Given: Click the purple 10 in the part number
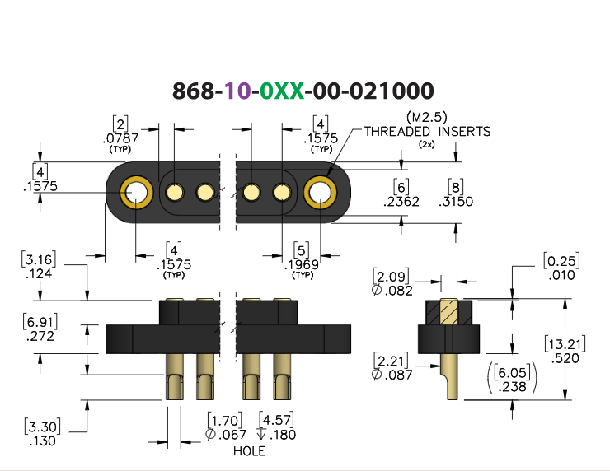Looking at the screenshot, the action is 238,91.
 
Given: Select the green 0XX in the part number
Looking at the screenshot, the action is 282,91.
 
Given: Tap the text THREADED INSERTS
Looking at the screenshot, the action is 427,132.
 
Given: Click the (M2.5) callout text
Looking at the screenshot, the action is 427,117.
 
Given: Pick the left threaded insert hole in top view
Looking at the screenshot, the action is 135,193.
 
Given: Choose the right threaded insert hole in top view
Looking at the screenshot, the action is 320,193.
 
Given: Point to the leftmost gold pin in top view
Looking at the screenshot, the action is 175,193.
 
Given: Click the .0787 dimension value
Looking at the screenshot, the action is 120,138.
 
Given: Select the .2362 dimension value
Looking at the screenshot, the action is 401,202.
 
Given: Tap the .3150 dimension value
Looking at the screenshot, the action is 456,202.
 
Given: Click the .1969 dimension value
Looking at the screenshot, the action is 301,264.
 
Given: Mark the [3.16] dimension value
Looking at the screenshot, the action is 39,259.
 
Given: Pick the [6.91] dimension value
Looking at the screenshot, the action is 40,322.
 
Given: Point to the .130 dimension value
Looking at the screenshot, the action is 42,441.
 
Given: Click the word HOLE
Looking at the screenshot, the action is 250,451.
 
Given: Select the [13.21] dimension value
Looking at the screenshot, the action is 565,344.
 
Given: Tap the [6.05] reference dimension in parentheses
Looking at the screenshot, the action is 513,373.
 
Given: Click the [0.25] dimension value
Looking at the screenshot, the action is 561,261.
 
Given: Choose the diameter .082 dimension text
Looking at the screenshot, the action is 392,291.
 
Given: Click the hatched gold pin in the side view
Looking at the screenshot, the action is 449,312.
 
